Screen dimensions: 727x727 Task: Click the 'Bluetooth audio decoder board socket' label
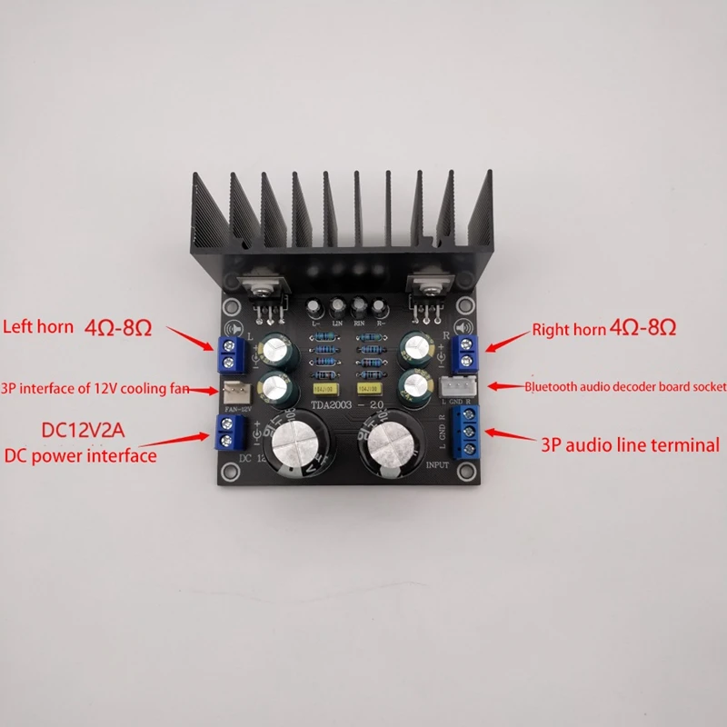[625, 386]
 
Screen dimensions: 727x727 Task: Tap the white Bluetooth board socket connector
[454, 386]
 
